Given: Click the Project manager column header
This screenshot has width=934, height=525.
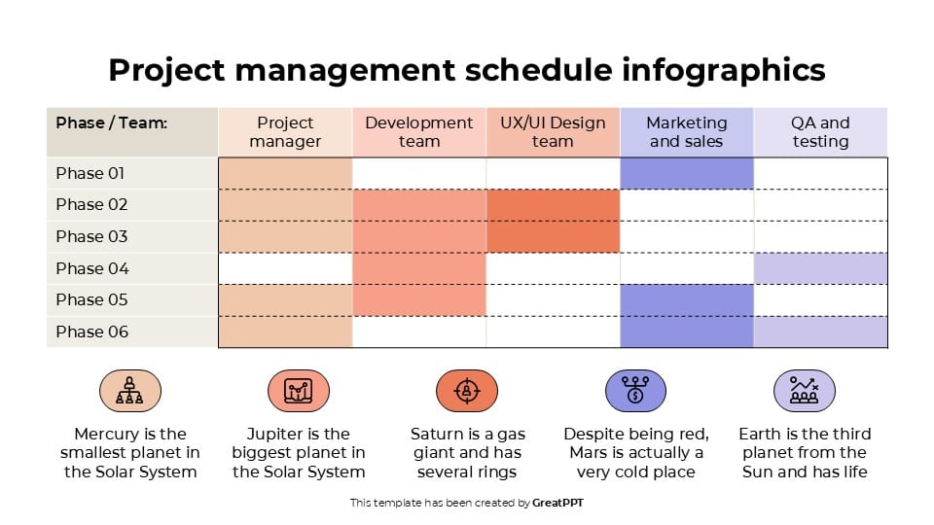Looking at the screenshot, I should tap(285, 132).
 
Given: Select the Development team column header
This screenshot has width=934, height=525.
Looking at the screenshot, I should tap(418, 132).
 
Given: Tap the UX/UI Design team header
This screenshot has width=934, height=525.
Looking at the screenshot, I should tap(553, 132).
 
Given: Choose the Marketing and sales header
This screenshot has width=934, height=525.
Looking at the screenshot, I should tap(687, 132).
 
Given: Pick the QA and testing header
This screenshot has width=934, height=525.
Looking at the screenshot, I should tap(820, 132).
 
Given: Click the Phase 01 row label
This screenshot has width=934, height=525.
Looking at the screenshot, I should tap(90, 173).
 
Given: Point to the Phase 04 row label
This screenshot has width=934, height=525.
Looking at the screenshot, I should tap(92, 268).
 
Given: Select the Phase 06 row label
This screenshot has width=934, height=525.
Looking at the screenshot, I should tap(92, 332).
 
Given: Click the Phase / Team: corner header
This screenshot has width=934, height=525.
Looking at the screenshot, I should tap(112, 123).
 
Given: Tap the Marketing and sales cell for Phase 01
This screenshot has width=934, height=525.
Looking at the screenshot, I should tap(687, 173).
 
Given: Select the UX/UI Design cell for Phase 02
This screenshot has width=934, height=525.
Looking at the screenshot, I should tap(553, 204).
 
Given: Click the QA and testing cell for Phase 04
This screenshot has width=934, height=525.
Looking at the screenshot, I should tap(820, 268).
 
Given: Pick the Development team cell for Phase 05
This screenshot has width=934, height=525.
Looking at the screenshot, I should tap(418, 299).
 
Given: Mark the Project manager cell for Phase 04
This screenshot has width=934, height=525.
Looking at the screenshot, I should tap(285, 268).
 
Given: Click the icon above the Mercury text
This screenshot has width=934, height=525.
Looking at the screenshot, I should tap(130, 391).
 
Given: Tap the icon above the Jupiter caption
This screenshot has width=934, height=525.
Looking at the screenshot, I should tap(299, 391).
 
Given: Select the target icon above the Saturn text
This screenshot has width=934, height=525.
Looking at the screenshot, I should tap(467, 391).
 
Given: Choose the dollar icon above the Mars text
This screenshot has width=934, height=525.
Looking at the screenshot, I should tap(635, 391).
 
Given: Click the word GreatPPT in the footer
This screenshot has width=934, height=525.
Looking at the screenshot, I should tap(558, 503).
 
